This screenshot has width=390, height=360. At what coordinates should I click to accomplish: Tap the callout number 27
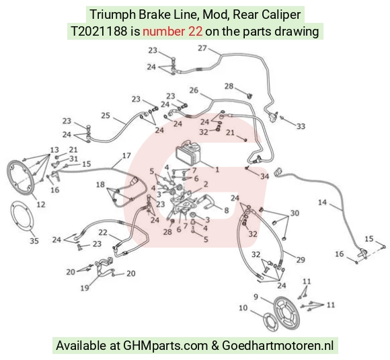(202, 48)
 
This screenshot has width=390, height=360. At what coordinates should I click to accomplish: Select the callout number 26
(194, 90)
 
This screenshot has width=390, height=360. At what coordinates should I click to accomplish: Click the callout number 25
(106, 116)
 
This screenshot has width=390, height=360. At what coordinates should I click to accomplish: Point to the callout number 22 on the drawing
(103, 232)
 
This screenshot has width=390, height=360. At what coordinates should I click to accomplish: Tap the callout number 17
(126, 155)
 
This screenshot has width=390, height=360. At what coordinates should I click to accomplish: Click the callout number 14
(322, 202)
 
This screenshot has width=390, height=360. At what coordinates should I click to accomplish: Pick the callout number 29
(301, 260)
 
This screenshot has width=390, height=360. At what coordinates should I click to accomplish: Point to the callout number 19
(85, 288)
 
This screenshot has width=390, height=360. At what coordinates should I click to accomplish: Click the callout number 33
(301, 127)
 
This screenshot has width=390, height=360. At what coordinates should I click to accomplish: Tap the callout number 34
(265, 176)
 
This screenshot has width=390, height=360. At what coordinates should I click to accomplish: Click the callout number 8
(226, 211)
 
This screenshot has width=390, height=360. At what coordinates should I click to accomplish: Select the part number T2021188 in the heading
(99, 32)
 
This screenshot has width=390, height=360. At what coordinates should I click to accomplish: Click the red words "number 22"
(172, 32)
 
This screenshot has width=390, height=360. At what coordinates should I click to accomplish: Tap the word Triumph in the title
(112, 15)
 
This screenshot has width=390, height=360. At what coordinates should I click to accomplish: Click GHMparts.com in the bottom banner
(165, 346)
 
